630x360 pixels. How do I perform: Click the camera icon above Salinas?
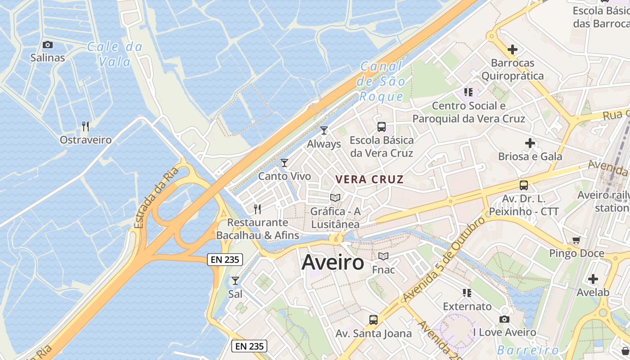tap(47, 45)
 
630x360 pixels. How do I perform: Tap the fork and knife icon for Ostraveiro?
tap(85, 126)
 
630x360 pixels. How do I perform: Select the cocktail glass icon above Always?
tap(324, 130)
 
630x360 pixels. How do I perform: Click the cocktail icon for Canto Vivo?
tap(284, 162)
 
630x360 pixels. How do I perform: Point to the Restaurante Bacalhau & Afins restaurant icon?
tap(257, 209)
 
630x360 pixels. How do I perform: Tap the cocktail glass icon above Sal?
tap(235, 281)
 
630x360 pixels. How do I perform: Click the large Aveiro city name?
tap(333, 262)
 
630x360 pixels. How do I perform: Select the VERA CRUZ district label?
tap(369, 179)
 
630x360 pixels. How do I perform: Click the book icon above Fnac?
tap(383, 256)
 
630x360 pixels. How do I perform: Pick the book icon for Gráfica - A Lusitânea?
tap(335, 198)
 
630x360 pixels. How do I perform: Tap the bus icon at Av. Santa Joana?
tap(373, 320)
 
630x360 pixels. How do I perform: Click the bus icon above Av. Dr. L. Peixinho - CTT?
tap(524, 185)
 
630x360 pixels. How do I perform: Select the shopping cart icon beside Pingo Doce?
tap(576, 240)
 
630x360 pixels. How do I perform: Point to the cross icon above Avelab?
tap(593, 279)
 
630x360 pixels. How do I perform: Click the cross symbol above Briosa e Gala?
tap(530, 144)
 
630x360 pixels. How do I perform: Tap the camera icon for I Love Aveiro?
tap(504, 319)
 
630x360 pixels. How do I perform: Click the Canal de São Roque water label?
tap(382, 81)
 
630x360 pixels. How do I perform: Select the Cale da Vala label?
tap(115, 54)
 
